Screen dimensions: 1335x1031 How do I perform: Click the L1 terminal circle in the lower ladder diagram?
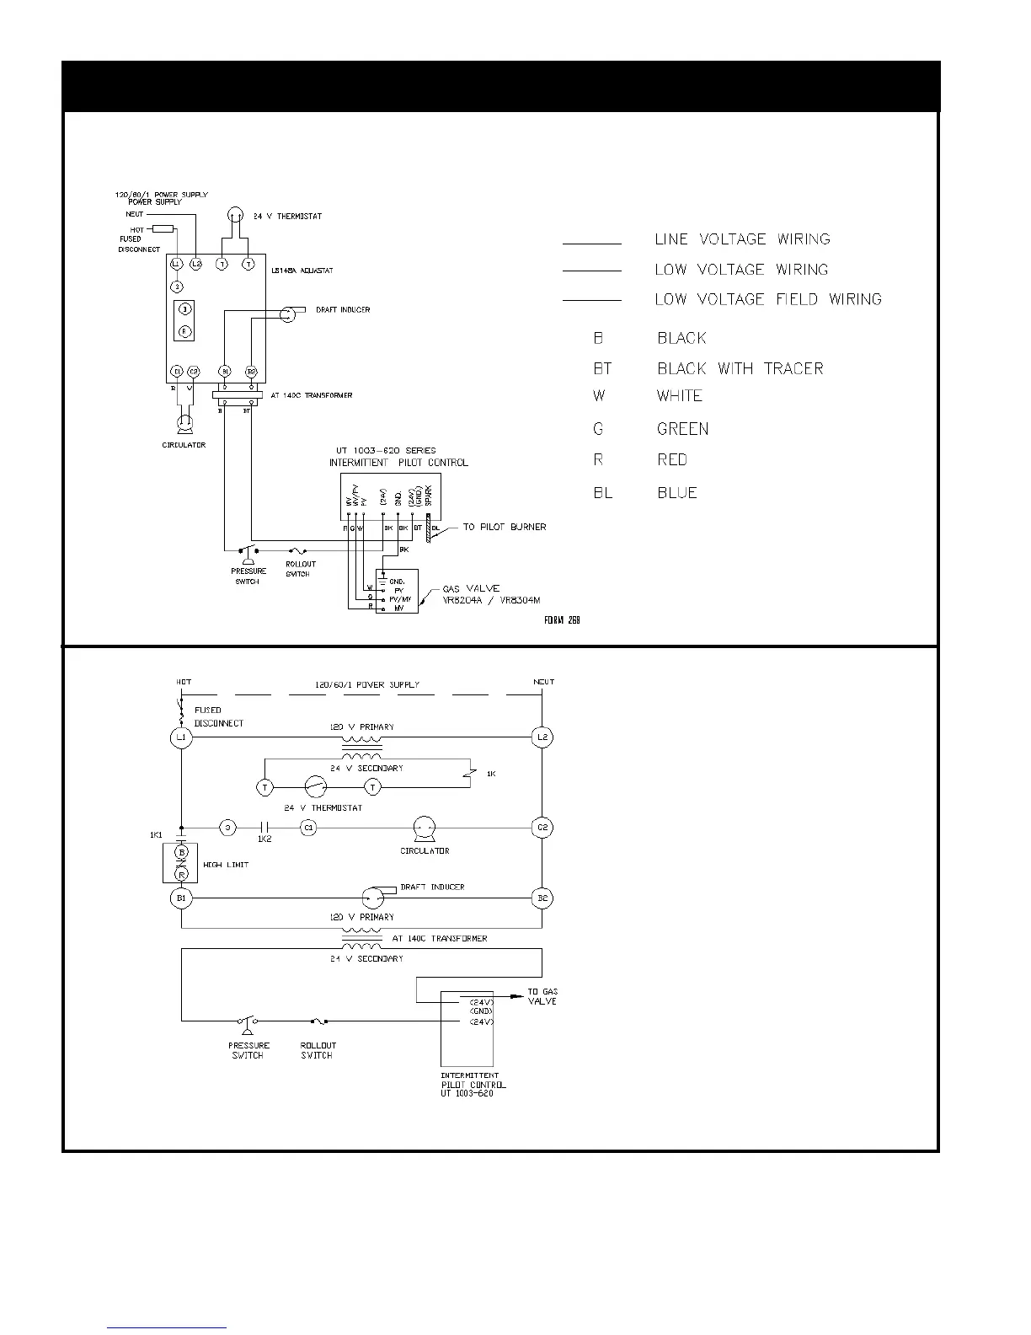(x=181, y=737)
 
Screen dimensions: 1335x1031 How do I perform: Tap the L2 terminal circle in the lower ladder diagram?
(x=542, y=737)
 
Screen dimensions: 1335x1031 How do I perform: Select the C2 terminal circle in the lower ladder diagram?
(x=542, y=828)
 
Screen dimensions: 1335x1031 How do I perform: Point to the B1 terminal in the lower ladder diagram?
(x=181, y=898)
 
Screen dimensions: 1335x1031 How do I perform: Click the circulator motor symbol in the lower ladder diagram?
(x=424, y=828)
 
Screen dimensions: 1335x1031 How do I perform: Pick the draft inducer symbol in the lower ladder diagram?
(x=373, y=898)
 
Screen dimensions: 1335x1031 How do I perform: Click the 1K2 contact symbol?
(x=264, y=828)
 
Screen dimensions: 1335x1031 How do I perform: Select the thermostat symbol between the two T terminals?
(x=315, y=787)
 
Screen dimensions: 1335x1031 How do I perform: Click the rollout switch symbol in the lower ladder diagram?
(x=318, y=1021)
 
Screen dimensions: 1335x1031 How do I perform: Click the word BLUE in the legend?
(x=677, y=493)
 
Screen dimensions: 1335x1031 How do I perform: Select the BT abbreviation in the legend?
(x=602, y=369)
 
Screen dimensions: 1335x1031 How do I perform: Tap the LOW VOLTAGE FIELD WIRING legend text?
(x=768, y=299)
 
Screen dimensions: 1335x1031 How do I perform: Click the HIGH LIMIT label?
(x=226, y=865)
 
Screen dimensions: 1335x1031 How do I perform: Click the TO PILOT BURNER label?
(x=505, y=528)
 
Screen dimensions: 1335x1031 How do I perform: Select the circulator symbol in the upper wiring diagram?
(x=184, y=422)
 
